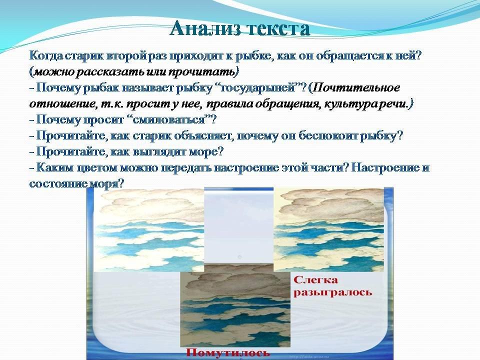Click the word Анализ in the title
pos(205,29)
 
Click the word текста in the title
pos(277,29)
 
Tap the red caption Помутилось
pos(228,352)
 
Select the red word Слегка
pos(315,280)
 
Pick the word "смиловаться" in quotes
pos(172,119)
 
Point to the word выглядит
pos(160,151)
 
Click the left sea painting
pos(149,230)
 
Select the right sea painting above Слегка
pos(328,230)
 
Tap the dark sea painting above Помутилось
pos(235,305)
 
